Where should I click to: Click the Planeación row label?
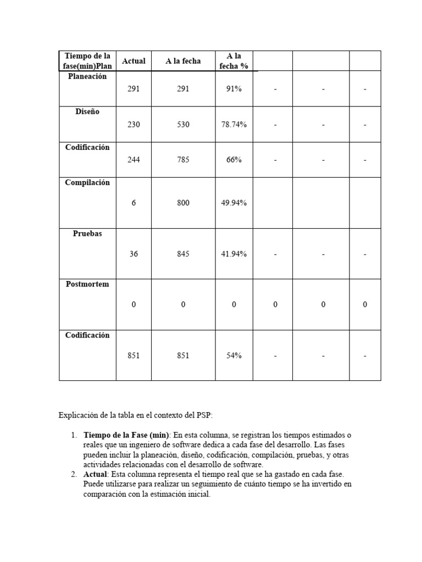(x=87, y=76)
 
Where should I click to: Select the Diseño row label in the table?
(x=87, y=111)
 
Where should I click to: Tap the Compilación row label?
(x=87, y=183)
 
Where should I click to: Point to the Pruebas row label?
(x=87, y=233)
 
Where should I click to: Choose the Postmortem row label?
(x=87, y=284)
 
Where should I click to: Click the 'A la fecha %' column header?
(x=234, y=61)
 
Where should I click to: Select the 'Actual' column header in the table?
(x=134, y=61)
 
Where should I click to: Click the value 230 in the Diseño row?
(x=134, y=125)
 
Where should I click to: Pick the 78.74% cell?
(x=234, y=125)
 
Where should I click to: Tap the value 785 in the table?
(x=183, y=160)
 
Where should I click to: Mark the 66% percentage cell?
(x=234, y=160)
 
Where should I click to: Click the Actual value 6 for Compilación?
(x=134, y=203)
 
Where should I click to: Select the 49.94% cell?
(x=234, y=203)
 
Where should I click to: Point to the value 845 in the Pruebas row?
(x=183, y=254)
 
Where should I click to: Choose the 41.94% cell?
(x=234, y=254)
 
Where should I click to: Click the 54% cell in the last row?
(x=234, y=356)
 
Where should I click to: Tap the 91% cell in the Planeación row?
(x=234, y=89)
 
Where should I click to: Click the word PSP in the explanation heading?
(x=210, y=415)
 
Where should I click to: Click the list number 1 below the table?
(x=73, y=435)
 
